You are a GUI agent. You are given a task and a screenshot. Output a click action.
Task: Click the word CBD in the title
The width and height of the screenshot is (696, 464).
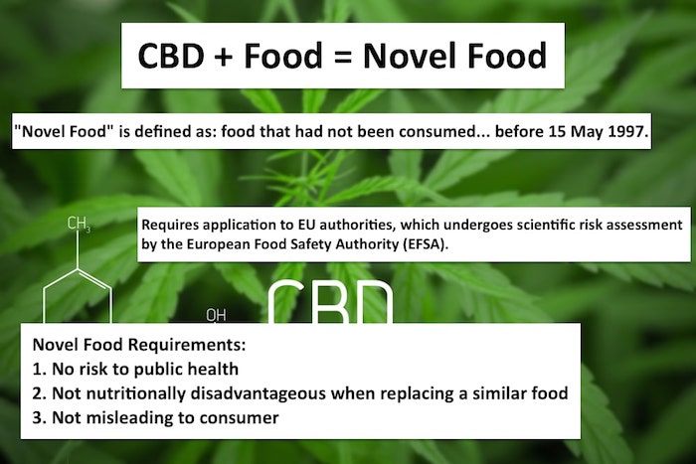point(171,56)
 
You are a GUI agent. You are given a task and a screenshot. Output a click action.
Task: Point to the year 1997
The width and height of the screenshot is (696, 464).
point(626,131)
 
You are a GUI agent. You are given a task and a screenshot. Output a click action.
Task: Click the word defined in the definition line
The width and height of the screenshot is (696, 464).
point(161,131)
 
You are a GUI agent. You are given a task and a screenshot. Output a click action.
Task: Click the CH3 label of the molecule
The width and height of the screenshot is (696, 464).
point(79,224)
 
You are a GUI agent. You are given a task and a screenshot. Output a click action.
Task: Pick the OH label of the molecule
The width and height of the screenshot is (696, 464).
point(216,315)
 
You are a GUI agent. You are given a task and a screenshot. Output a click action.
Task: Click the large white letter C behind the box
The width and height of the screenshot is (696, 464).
point(290,302)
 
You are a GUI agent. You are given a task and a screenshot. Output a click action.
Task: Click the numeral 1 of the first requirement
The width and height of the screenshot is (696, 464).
point(37,369)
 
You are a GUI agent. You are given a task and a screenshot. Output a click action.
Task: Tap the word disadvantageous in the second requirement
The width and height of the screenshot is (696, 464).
point(258,393)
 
